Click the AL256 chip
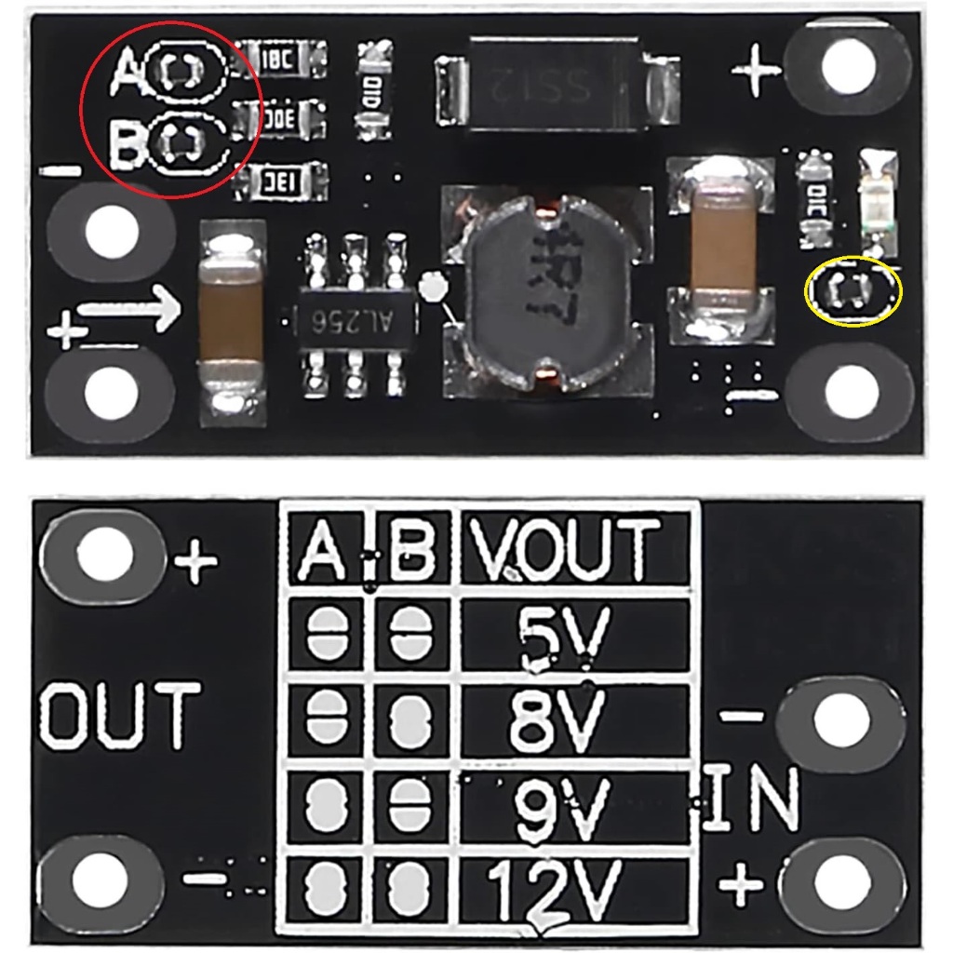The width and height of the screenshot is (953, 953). pyautogui.click(x=355, y=321)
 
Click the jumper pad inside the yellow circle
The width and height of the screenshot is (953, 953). pyautogui.click(x=852, y=292)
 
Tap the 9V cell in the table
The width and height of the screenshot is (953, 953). pyautogui.click(x=562, y=806)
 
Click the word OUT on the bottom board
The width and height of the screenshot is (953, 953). pyautogui.click(x=119, y=716)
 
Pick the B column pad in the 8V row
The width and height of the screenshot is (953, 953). pyautogui.click(x=408, y=722)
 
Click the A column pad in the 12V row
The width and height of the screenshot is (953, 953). pyautogui.click(x=325, y=890)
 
